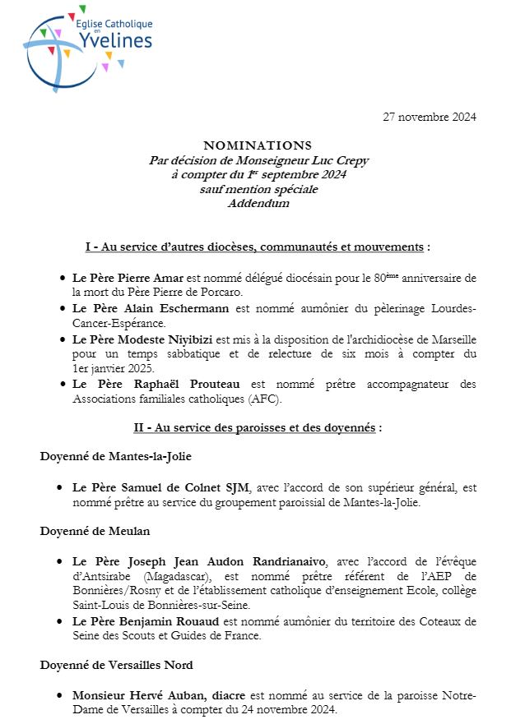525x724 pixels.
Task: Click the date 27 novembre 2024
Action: tap(430, 117)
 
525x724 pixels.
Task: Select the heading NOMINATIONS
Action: tap(258, 146)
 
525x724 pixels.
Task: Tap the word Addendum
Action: tap(258, 203)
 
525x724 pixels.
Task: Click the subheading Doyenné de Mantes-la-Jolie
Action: tap(116, 457)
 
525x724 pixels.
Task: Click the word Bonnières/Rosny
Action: tap(114, 591)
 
